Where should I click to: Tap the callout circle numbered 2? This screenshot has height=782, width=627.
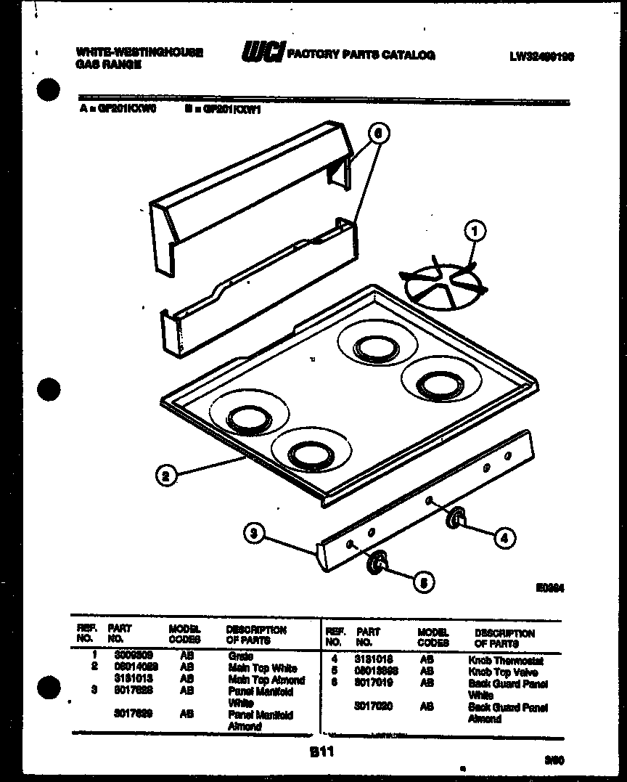pyautogui.click(x=166, y=476)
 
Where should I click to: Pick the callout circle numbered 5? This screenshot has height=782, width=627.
pyautogui.click(x=425, y=581)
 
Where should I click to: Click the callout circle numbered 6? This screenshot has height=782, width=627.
pyautogui.click(x=377, y=133)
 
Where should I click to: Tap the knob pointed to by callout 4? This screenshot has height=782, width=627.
pyautogui.click(x=455, y=517)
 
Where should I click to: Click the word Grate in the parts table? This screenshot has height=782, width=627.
pyautogui.click(x=240, y=656)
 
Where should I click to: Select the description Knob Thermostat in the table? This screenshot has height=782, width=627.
pyautogui.click(x=505, y=661)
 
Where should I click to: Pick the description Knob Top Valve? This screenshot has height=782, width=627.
pyautogui.click(x=503, y=672)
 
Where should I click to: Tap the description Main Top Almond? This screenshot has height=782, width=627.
pyautogui.click(x=266, y=680)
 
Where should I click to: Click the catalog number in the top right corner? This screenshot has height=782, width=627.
pyautogui.click(x=542, y=55)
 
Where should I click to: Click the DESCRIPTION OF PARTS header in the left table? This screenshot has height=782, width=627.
pyautogui.click(x=256, y=635)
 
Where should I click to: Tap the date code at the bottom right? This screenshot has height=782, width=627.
pyautogui.click(x=554, y=759)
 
